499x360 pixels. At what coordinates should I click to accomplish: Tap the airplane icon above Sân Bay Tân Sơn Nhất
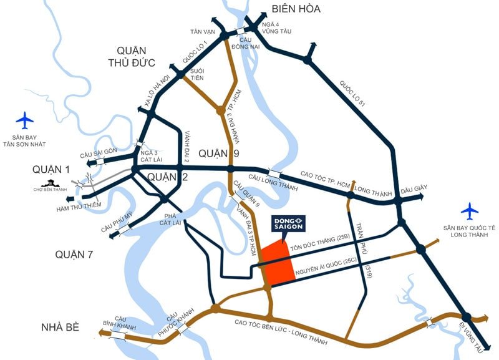pyautogui.click(x=25, y=119)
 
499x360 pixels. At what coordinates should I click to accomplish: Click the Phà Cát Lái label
pyautogui.click(x=167, y=218)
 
